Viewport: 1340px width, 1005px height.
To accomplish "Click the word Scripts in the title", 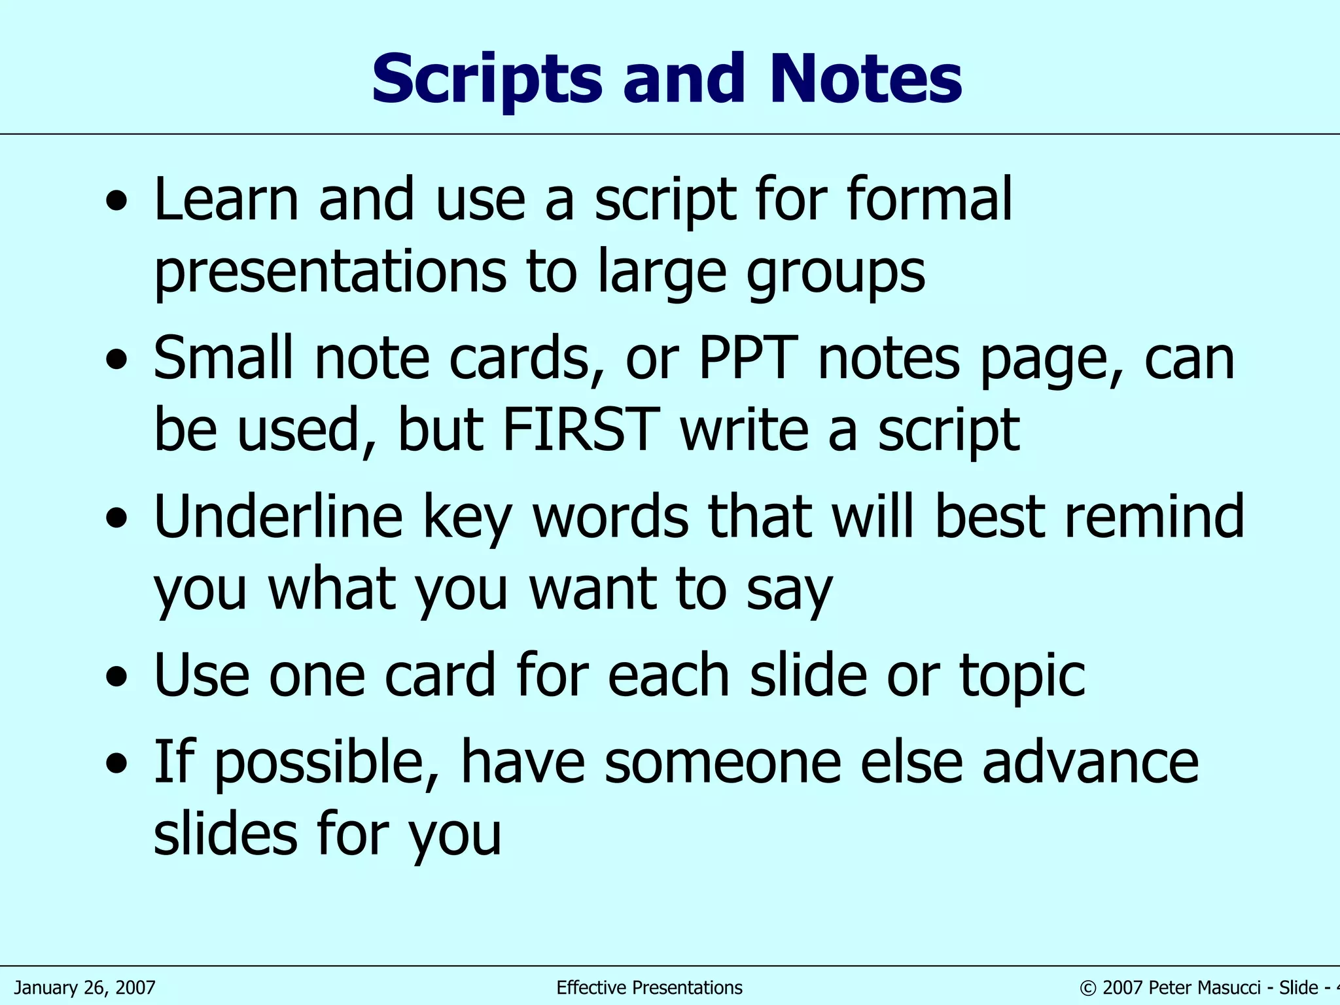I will click(x=486, y=80).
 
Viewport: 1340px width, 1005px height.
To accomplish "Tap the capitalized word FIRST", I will click(x=582, y=429).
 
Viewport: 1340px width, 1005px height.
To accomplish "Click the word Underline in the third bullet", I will click(x=278, y=517).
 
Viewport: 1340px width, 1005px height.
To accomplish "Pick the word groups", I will click(x=836, y=272).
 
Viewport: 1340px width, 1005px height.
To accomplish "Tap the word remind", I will click(x=1155, y=517).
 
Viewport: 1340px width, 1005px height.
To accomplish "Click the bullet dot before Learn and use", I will click(x=117, y=202).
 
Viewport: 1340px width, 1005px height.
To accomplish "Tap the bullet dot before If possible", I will click(x=117, y=764).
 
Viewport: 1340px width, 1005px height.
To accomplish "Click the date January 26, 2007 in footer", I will click(x=84, y=987).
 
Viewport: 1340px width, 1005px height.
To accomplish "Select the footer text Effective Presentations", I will click(x=649, y=987).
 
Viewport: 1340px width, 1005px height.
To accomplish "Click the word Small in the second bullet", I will click(x=223, y=358).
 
